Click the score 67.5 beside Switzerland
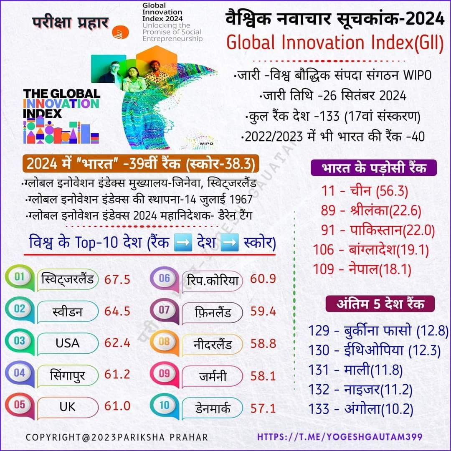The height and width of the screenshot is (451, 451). tap(117, 279)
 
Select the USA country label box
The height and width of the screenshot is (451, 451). tap(68, 343)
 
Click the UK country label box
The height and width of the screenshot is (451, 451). tap(68, 406)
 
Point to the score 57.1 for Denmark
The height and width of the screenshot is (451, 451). tap(263, 408)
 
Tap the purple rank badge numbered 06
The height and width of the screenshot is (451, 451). tap(165, 278)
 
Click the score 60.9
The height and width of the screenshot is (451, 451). tap(263, 279)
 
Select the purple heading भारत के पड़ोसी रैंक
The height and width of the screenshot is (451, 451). tap(374, 168)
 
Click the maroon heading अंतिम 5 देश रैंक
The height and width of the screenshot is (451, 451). tap(380, 304)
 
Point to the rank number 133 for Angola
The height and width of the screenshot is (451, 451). tap(319, 408)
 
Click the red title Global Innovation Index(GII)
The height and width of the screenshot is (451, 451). tap(335, 43)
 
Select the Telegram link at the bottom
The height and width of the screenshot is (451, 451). tap(340, 437)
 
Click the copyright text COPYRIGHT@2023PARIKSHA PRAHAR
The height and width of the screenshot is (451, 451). tap(117, 437)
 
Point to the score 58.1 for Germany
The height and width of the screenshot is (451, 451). tap(263, 375)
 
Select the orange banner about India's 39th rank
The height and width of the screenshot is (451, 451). tap(141, 163)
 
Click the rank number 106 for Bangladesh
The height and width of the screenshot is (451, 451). tap(324, 249)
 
